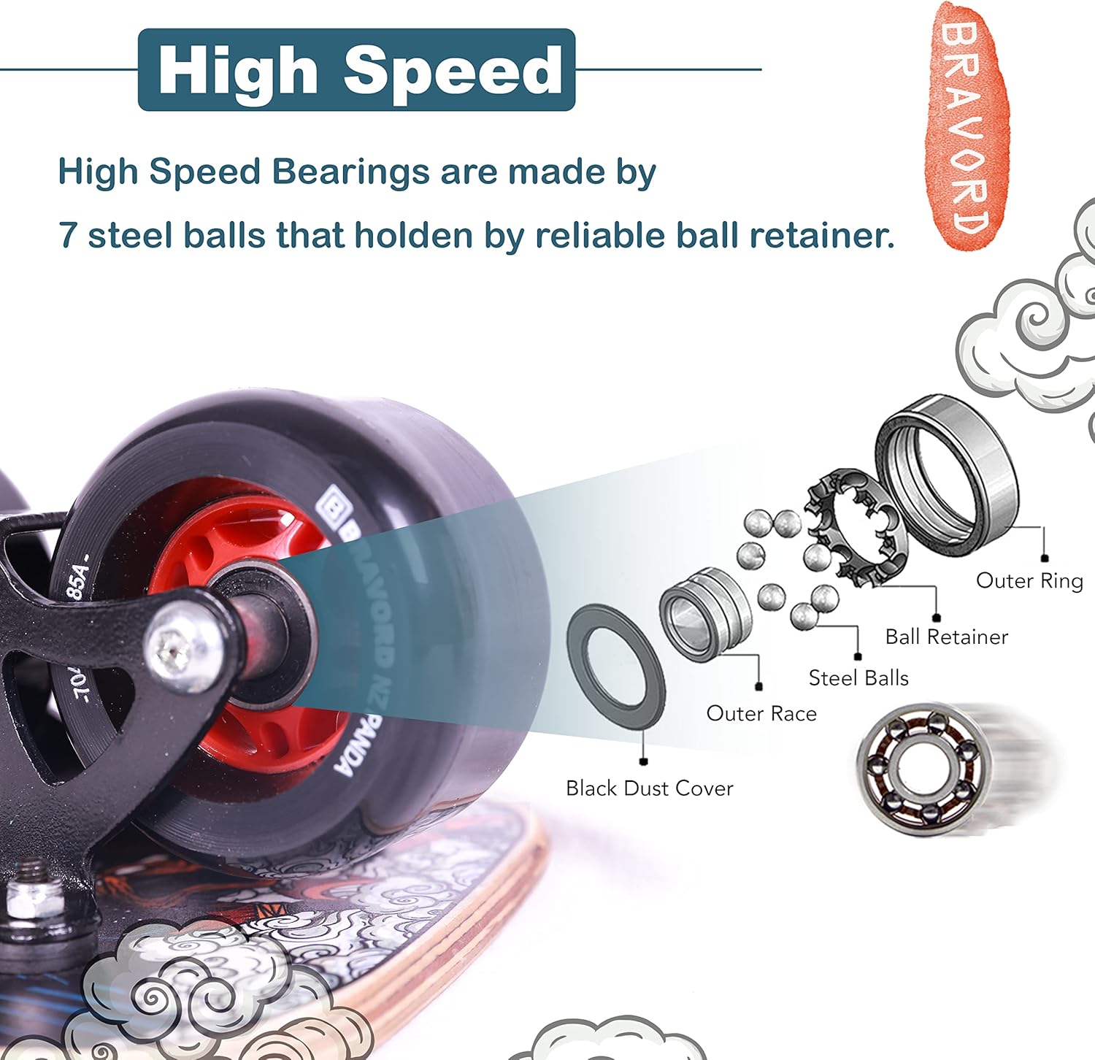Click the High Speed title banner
tap(356, 70)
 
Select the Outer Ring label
tap(1029, 581)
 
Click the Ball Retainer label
tap(946, 637)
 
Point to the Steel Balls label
tap(858, 679)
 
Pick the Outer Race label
tap(761, 714)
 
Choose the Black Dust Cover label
tap(649, 788)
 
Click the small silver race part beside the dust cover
tap(704, 614)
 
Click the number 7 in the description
tap(67, 236)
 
